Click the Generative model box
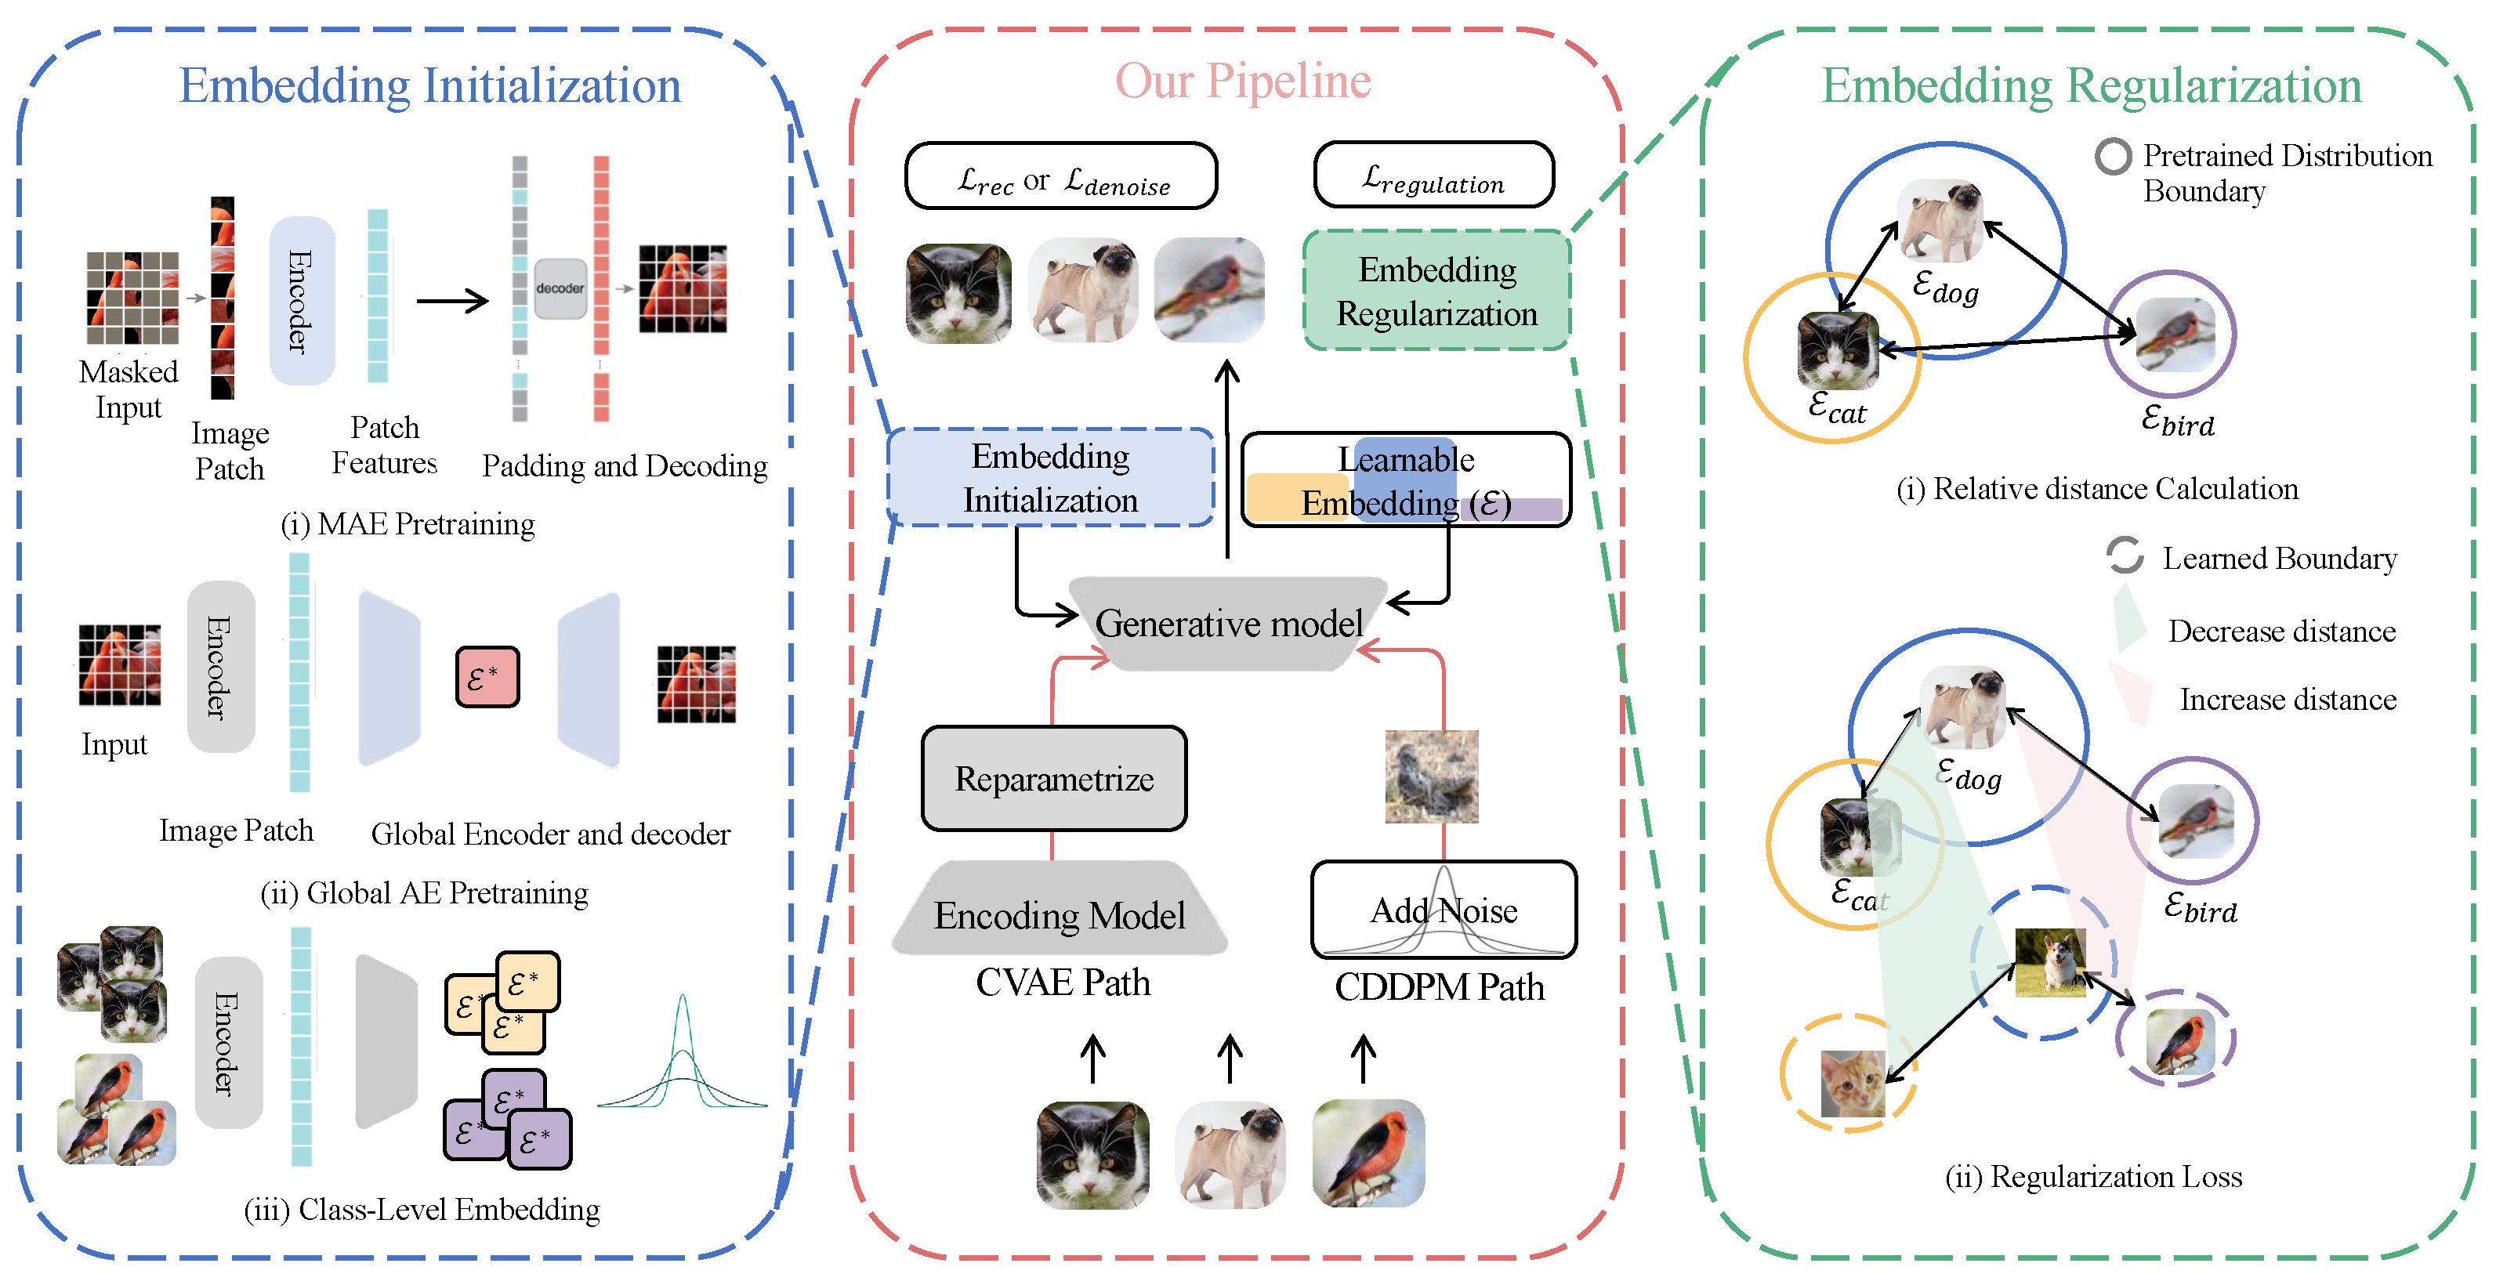point(1228,623)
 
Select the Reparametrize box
point(1053,779)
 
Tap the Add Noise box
point(1443,910)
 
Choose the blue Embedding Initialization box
point(1050,478)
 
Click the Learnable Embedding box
point(1406,480)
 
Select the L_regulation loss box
point(1433,176)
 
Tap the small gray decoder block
point(560,288)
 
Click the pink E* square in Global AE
point(487,677)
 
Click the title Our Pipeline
point(1243,81)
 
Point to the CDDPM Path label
point(1439,987)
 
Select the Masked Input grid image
point(132,299)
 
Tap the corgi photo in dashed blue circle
point(2049,962)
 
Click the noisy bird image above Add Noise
point(1431,776)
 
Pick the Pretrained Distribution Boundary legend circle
point(2112,157)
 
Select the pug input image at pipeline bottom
point(1230,1153)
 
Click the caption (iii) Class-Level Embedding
point(422,1209)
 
